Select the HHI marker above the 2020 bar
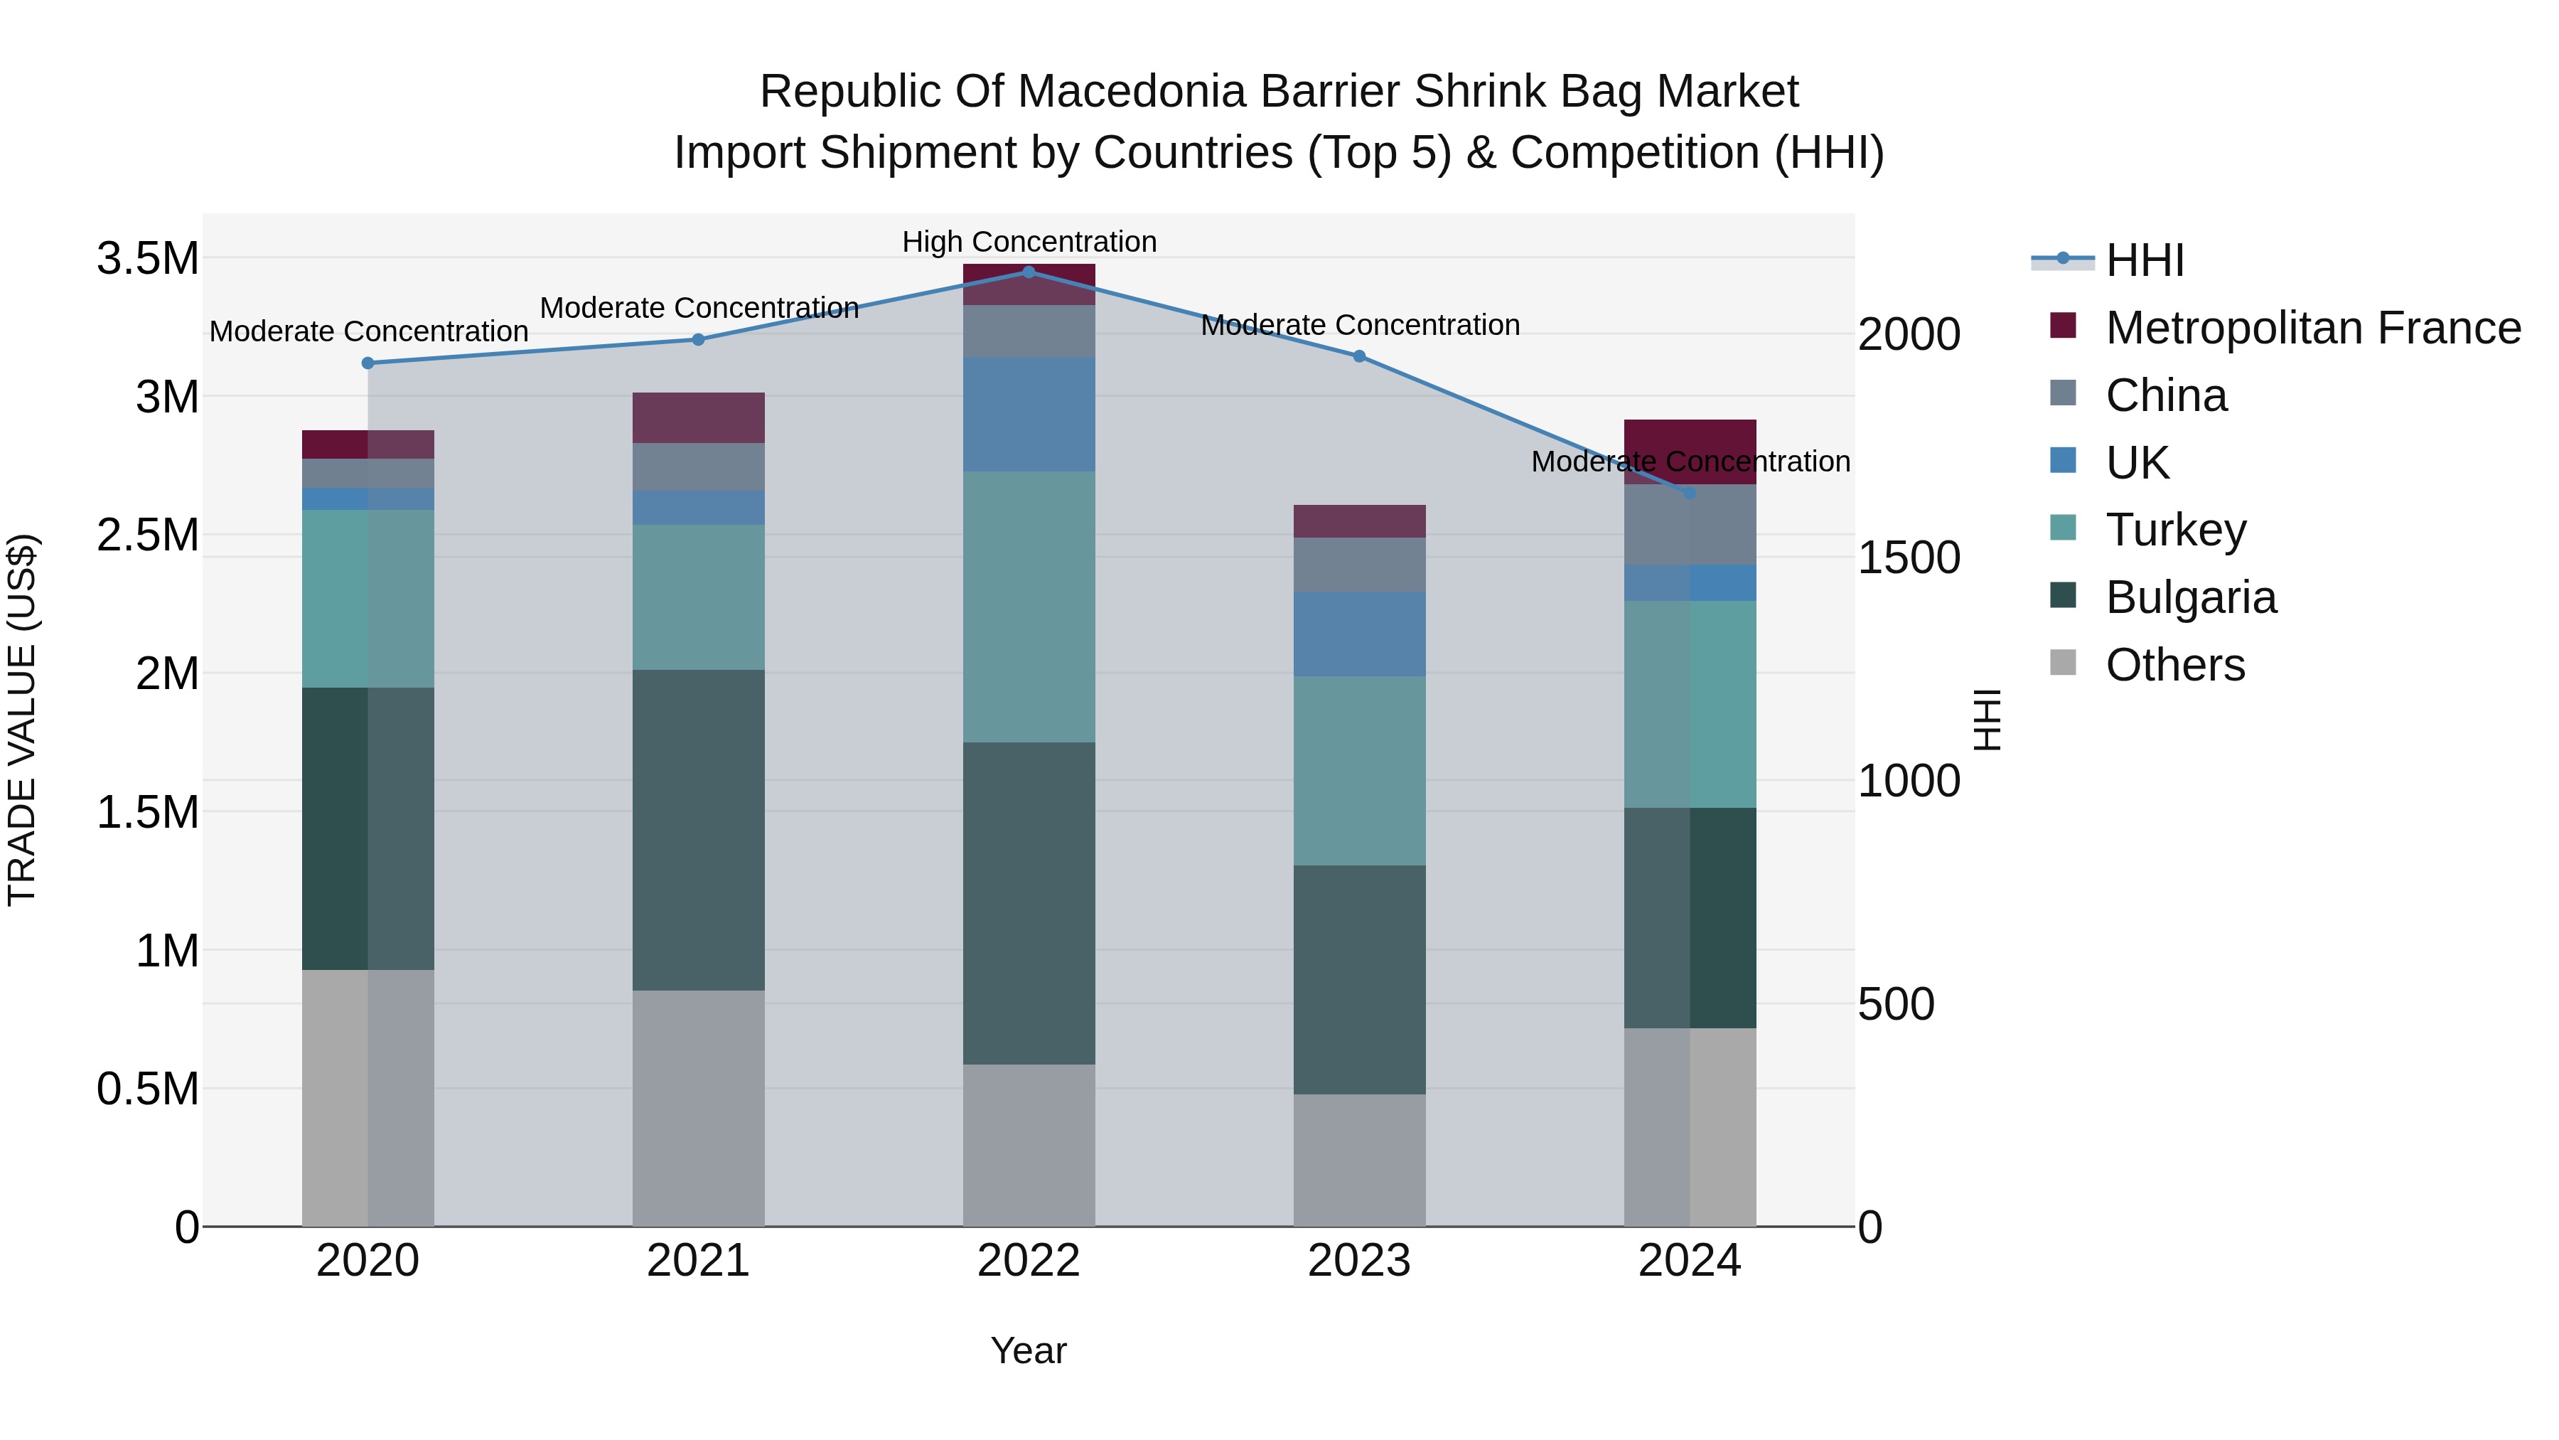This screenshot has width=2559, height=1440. (x=368, y=363)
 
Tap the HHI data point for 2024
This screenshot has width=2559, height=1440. (x=1690, y=493)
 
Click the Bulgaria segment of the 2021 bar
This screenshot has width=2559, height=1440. (x=698, y=830)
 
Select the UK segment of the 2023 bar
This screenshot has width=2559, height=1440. (x=1359, y=634)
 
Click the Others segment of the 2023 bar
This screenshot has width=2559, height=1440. (x=1359, y=1160)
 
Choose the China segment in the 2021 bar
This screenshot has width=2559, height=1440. (x=698, y=466)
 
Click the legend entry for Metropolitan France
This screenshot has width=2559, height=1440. (x=2312, y=328)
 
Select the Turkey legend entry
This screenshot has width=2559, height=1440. (x=2176, y=530)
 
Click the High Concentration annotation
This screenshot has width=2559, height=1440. (x=1029, y=242)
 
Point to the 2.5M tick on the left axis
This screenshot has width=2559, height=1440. (x=147, y=535)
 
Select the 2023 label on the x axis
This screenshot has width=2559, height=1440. (x=1359, y=1261)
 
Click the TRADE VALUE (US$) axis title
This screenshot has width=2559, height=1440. (x=22, y=720)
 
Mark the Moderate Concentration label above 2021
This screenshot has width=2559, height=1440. (x=698, y=308)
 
